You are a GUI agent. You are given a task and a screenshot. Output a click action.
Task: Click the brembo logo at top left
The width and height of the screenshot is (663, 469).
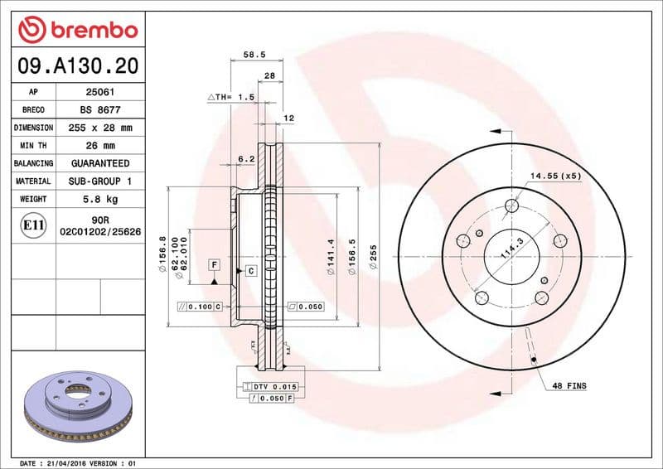click(x=77, y=31)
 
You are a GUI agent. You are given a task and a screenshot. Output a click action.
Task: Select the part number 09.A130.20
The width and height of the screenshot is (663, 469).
click(x=77, y=65)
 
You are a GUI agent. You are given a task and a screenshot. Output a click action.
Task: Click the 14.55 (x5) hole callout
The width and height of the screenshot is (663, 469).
click(x=556, y=176)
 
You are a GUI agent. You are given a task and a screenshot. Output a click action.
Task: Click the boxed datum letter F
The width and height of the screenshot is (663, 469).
click(x=214, y=264)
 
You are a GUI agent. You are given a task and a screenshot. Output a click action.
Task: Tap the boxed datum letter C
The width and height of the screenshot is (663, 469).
click(x=249, y=271)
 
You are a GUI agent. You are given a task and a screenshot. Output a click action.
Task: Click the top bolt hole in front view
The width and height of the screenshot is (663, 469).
click(x=513, y=205)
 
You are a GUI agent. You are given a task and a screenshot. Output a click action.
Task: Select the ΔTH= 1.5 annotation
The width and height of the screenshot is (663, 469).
click(x=230, y=97)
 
